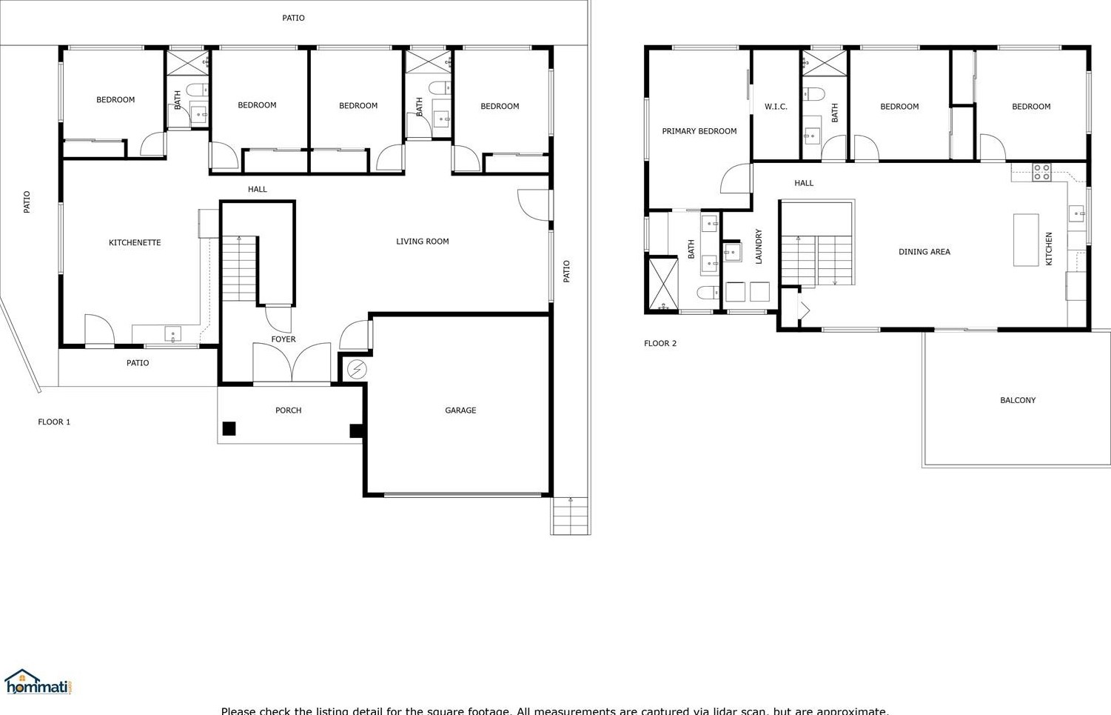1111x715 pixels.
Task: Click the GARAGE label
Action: (x=460, y=410)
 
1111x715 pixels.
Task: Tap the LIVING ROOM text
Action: (x=422, y=242)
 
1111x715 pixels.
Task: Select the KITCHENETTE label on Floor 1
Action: (x=135, y=243)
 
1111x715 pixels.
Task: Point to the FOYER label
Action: (x=283, y=339)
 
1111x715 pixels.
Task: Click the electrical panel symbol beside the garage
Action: (x=357, y=369)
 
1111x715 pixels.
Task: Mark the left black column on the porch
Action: (x=229, y=428)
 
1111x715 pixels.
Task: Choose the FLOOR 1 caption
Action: (x=54, y=422)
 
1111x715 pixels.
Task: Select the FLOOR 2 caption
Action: (x=659, y=344)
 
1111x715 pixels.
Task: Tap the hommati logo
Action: (x=38, y=682)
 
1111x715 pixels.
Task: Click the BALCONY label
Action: (x=1018, y=401)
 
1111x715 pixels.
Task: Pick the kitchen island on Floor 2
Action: (x=1026, y=239)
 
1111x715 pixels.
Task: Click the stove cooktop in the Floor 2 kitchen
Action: (x=1041, y=172)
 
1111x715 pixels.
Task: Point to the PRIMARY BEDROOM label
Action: (x=699, y=132)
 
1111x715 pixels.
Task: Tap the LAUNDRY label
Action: (x=759, y=246)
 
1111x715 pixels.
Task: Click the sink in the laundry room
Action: (x=732, y=252)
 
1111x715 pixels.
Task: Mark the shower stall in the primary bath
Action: (x=662, y=283)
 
